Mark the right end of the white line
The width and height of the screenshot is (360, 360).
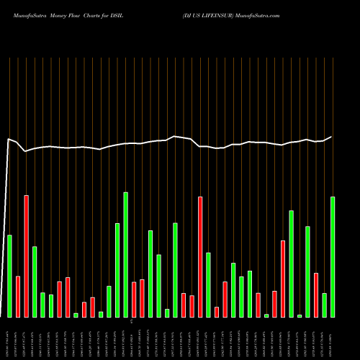tap(332, 137)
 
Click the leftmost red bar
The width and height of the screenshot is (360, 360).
tap(18, 297)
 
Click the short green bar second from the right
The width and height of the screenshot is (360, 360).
tap(324, 305)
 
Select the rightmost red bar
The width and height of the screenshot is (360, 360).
tap(316, 295)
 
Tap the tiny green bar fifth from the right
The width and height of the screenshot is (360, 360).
tap(300, 315)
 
